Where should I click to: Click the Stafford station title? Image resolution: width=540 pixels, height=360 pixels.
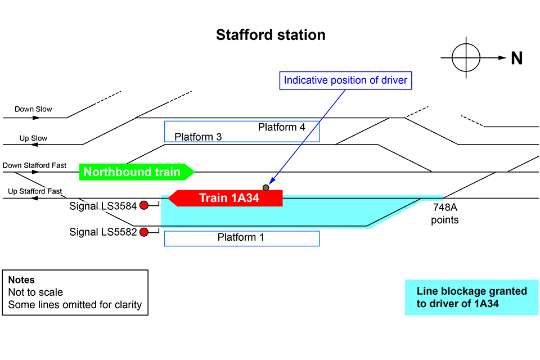click(x=271, y=35)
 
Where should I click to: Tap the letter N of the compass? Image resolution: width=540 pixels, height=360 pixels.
click(x=516, y=58)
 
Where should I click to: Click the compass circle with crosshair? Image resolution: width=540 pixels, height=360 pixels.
click(x=466, y=57)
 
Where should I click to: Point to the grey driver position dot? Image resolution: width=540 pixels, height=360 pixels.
click(x=266, y=187)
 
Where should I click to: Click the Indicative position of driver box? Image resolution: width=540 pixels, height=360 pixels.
click(x=345, y=80)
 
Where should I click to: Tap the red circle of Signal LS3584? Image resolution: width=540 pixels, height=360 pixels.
click(x=144, y=205)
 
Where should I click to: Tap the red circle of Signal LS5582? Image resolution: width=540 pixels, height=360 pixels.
click(x=144, y=232)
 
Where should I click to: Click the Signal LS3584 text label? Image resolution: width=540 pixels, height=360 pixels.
click(x=103, y=206)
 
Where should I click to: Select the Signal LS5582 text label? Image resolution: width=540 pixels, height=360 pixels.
click(x=103, y=232)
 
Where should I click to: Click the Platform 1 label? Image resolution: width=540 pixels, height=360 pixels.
click(x=241, y=238)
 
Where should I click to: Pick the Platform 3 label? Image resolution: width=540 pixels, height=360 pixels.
click(x=198, y=137)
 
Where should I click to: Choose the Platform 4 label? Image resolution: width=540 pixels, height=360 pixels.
click(x=281, y=127)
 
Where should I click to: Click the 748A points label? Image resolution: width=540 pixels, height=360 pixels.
click(x=444, y=214)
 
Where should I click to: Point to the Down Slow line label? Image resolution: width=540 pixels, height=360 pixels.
click(x=33, y=109)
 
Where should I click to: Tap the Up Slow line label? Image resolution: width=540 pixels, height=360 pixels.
click(x=34, y=138)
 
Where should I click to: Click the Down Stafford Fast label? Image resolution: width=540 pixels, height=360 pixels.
click(x=34, y=165)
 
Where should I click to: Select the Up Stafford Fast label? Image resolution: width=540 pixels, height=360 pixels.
click(x=35, y=191)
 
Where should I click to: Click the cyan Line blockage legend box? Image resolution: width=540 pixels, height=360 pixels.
click(x=471, y=298)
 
